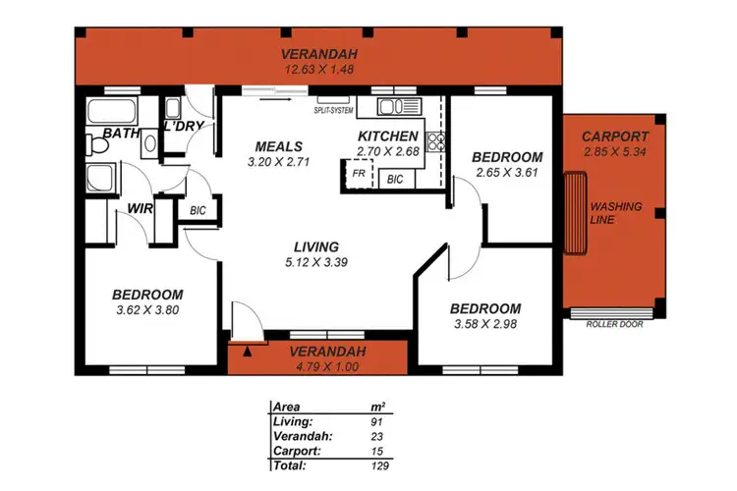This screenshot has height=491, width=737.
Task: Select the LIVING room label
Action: [x=315, y=246]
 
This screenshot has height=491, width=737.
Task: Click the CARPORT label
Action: [x=614, y=136]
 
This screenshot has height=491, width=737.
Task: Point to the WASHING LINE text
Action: [x=616, y=213]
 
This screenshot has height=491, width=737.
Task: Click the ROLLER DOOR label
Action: [x=614, y=324]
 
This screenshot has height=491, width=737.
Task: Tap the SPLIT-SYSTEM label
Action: [x=334, y=111]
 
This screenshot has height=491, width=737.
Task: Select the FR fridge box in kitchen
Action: [x=361, y=174]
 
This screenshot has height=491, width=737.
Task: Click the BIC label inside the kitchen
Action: [x=395, y=180]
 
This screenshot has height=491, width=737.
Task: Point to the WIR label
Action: [x=137, y=208]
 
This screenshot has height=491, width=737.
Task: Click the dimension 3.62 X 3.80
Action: [x=146, y=310]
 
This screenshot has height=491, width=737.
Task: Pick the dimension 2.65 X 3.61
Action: [x=507, y=173]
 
